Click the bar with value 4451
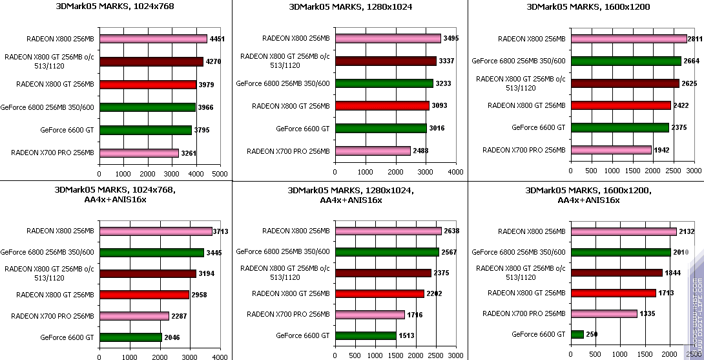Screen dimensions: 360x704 (153, 39)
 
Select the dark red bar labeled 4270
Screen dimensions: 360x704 (151, 62)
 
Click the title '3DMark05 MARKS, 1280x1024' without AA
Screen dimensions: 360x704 (350, 8)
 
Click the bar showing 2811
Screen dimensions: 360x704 (628, 39)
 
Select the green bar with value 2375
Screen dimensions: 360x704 (619, 128)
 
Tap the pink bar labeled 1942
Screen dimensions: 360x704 (611, 150)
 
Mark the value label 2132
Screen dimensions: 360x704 (687, 231)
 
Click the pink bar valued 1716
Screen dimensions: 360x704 (369, 315)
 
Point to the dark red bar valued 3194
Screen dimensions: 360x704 (147, 273)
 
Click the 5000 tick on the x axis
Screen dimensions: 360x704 (220, 174)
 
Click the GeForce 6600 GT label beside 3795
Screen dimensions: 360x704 (67, 130)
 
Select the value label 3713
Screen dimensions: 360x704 (222, 231)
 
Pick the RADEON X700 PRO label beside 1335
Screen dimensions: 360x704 (524, 313)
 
